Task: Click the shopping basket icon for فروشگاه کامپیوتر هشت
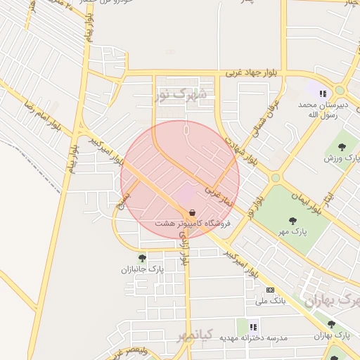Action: (x=192, y=212)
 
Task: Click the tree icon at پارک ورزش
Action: (x=342, y=147)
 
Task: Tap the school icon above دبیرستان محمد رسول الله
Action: (x=323, y=93)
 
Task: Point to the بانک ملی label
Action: (x=271, y=300)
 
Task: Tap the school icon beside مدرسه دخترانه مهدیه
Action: (x=253, y=327)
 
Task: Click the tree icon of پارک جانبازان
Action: (x=142, y=258)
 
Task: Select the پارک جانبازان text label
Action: (x=141, y=269)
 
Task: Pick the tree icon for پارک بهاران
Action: (x=331, y=324)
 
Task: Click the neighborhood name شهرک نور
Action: (x=181, y=94)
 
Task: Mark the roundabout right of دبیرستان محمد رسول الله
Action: (x=340, y=90)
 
